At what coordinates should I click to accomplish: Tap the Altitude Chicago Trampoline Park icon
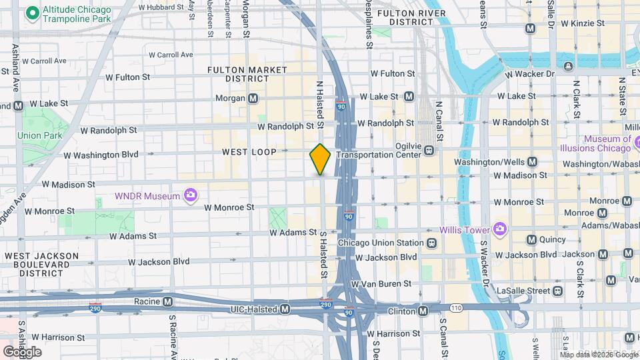(x=31, y=13)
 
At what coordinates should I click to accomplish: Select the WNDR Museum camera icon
(x=191, y=196)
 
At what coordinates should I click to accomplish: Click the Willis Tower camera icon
(x=500, y=230)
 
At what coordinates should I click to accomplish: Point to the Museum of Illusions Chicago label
(x=607, y=143)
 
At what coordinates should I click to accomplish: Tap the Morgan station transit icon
(x=253, y=99)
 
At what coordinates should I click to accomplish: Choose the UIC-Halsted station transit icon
(x=285, y=309)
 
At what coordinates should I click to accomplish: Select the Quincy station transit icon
(x=531, y=240)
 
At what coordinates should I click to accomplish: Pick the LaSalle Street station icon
(x=557, y=291)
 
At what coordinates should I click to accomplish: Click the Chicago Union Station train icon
(x=432, y=243)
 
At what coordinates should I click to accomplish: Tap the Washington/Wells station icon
(x=532, y=162)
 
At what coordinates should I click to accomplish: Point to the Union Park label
(x=39, y=135)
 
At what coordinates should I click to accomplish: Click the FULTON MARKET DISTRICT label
(x=247, y=74)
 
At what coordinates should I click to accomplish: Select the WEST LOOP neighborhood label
(x=249, y=153)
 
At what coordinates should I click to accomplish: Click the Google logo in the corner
(x=22, y=352)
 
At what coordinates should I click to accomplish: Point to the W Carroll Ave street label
(x=171, y=55)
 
